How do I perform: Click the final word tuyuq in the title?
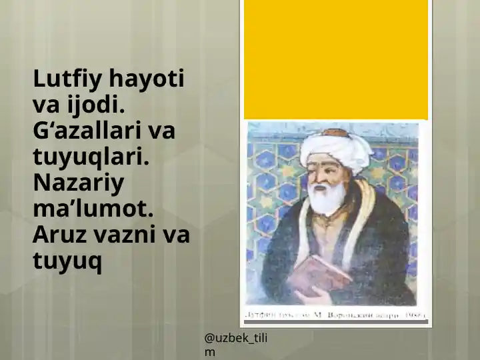point(67,261)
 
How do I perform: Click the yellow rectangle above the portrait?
point(335,59)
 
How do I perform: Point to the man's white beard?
point(328,198)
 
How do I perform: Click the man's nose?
point(323,175)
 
